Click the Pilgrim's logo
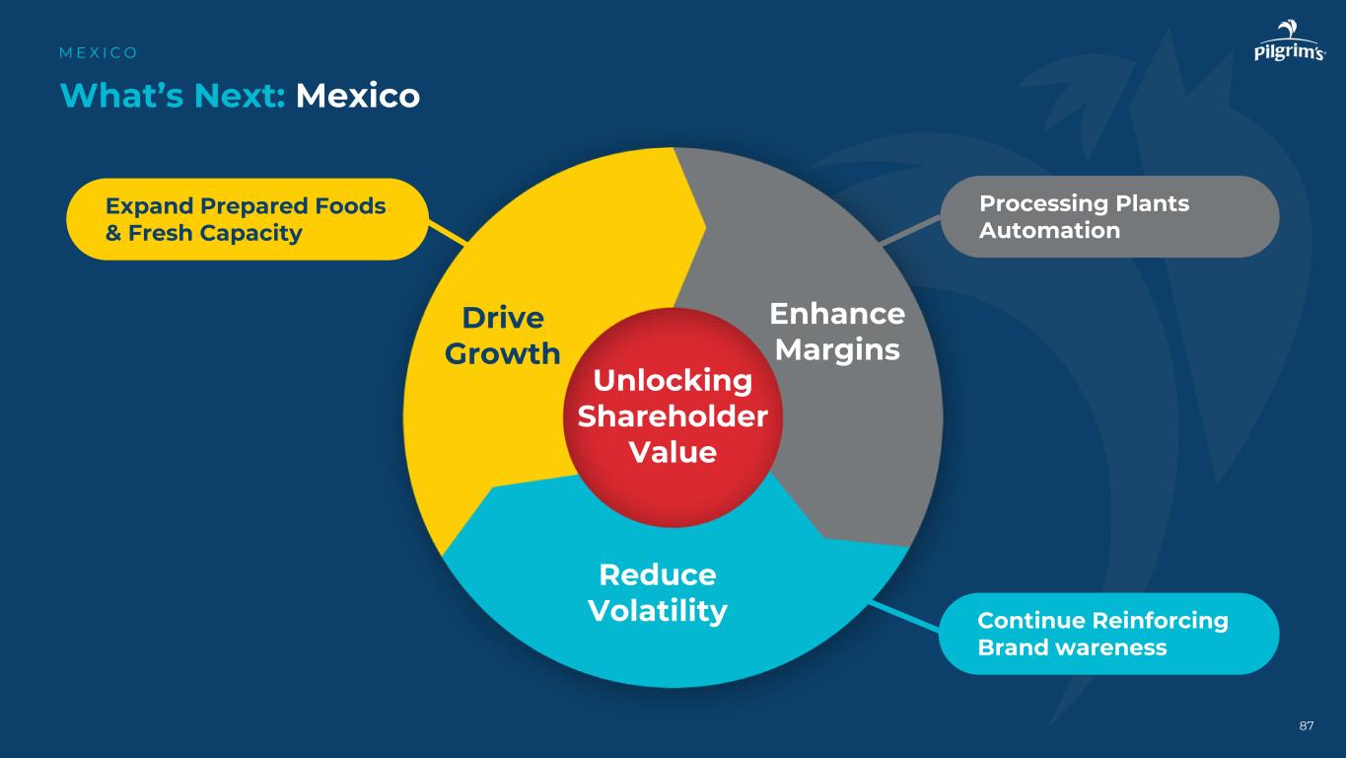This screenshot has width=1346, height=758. point(1289,44)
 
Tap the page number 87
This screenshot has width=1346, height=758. point(1306,726)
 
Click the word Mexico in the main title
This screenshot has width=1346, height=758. point(358,96)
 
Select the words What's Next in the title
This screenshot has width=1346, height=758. point(173,96)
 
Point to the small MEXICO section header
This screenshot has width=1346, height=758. point(99,52)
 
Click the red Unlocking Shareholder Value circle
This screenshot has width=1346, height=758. point(673,417)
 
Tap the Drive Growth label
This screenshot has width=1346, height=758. point(503,336)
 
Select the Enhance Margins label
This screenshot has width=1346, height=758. point(837,332)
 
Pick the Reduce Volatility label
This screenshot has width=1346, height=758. point(658,593)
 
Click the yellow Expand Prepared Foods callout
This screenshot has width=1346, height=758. point(247,219)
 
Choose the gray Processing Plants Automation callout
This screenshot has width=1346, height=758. point(1109,217)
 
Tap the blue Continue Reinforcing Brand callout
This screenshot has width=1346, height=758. point(1108,634)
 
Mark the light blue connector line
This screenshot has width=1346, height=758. point(904,614)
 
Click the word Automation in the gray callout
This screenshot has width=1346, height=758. point(1049,231)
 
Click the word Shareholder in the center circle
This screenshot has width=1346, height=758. point(673,417)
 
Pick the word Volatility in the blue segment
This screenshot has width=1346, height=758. point(658,611)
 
